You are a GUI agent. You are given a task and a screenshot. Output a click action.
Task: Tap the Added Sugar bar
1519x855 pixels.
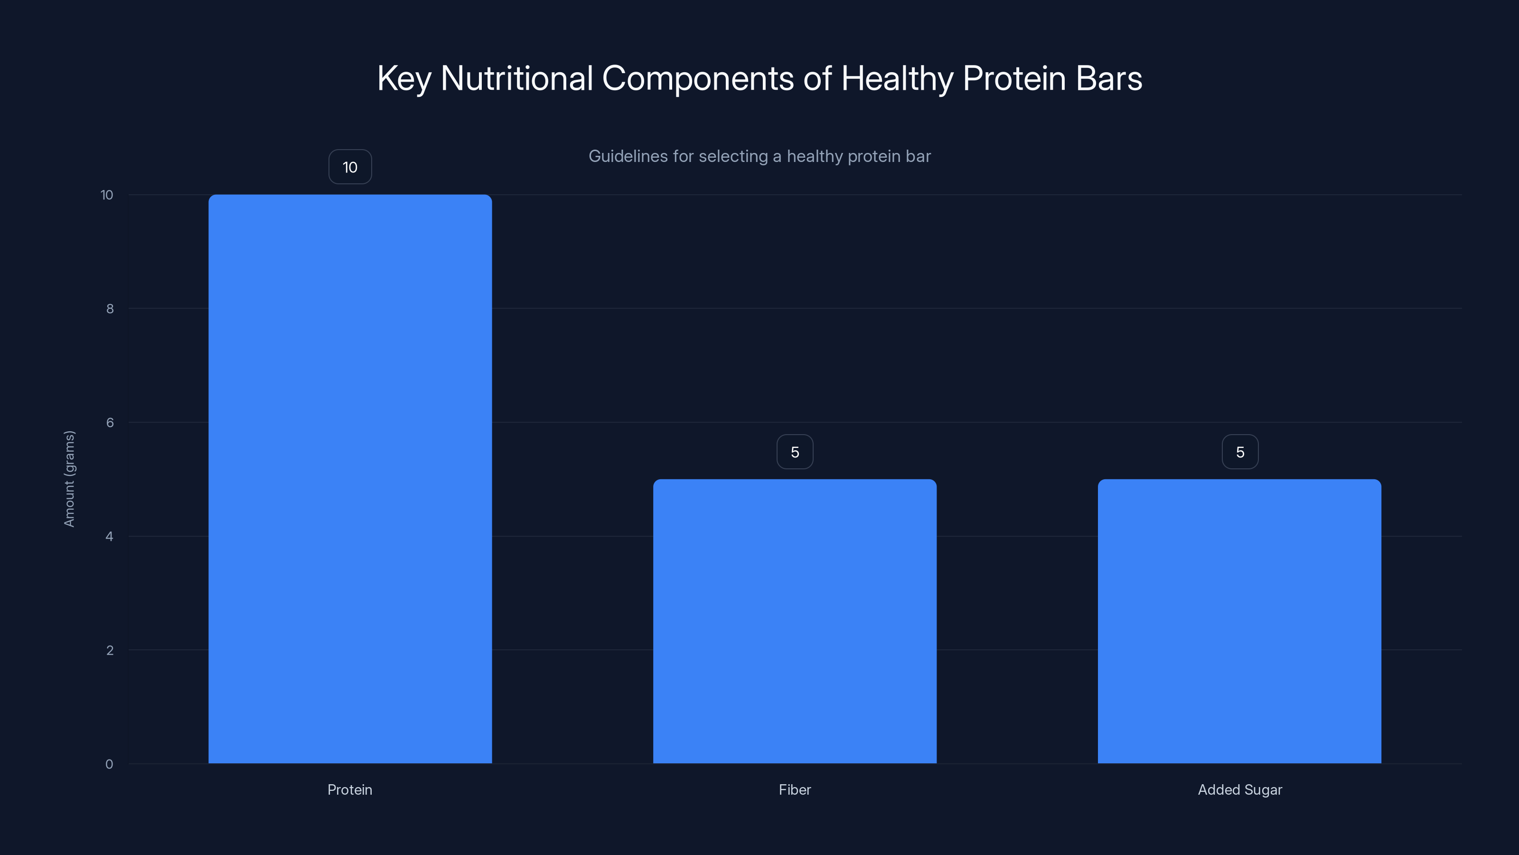[x=1239, y=621]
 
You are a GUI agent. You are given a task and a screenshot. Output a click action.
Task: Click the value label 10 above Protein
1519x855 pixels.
[x=350, y=167]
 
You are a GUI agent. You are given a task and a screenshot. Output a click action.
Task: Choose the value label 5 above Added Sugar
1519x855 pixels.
[x=1239, y=452]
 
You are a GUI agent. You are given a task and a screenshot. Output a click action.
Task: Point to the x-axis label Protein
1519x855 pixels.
[x=350, y=789]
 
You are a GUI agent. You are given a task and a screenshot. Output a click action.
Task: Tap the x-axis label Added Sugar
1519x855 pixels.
[x=1239, y=789]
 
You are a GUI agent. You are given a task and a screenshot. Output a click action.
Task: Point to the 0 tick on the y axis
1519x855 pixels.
[x=109, y=764]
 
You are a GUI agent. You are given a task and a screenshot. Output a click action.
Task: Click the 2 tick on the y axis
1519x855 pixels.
[x=110, y=650]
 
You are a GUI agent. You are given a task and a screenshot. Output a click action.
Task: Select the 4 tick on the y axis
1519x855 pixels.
[x=109, y=536]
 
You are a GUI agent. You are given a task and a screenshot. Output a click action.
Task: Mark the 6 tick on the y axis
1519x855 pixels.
[x=110, y=422]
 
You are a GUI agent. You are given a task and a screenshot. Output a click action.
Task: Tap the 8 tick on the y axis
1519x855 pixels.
[x=110, y=309]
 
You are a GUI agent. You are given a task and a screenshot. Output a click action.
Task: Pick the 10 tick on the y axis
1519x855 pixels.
[x=107, y=195]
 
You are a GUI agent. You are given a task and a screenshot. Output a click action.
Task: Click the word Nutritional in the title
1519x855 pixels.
[x=516, y=78]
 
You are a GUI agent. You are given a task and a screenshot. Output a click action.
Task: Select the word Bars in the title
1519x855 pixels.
[x=1108, y=78]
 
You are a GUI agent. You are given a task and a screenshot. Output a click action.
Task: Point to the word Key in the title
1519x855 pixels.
[x=404, y=78]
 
